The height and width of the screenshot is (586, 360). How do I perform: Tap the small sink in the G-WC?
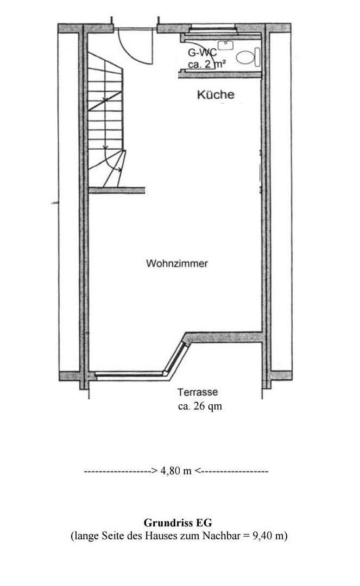226,45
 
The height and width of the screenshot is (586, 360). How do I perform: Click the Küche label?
216,94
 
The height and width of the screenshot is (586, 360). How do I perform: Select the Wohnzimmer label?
177,263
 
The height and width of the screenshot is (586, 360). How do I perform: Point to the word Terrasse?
198,392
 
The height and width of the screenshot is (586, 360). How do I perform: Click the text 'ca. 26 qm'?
200,406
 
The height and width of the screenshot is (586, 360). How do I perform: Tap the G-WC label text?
201,53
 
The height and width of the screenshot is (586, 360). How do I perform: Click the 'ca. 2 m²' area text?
207,64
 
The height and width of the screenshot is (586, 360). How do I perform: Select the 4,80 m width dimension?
176,470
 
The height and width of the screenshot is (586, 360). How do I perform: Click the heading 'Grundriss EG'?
178,523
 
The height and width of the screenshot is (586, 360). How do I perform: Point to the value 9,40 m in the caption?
268,536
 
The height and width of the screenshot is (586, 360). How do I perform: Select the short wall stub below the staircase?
117,190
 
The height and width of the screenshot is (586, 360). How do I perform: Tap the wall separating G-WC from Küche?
220,74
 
